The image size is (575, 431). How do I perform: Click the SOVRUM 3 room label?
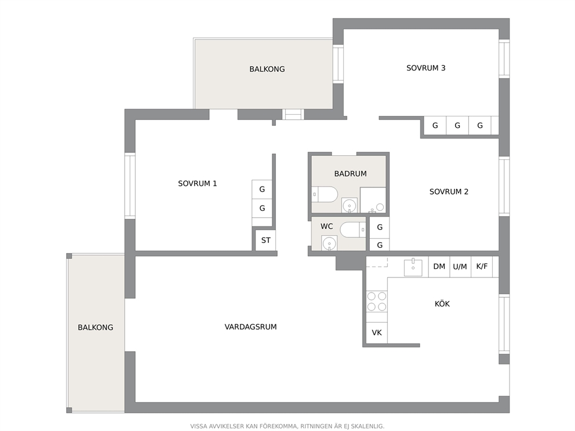[x=426, y=68]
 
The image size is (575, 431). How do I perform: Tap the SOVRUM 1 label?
[x=197, y=183]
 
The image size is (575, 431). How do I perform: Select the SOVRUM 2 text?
[x=449, y=191]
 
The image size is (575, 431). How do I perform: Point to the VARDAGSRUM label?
[x=250, y=327]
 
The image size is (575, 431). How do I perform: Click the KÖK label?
[x=442, y=304]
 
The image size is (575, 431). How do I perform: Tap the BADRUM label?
[x=350, y=173]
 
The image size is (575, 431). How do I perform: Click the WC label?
[x=327, y=226]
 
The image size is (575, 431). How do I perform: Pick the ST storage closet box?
[x=265, y=240]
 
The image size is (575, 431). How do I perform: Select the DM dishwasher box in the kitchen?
[x=439, y=266]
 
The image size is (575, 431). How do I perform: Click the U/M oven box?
[x=460, y=266]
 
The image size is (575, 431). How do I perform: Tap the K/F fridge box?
[x=482, y=266]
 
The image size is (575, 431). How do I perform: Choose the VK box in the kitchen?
[x=377, y=333]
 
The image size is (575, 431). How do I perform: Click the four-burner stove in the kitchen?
[x=377, y=301]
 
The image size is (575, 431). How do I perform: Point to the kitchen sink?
[x=413, y=267]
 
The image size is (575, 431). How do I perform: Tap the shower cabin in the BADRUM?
[x=373, y=200]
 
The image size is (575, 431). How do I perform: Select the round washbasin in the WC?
[x=329, y=243]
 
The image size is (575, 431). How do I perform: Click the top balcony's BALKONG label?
[x=267, y=69]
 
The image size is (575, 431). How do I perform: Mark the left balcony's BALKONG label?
[x=95, y=327]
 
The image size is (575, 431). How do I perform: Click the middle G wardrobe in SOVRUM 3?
[x=457, y=125]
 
